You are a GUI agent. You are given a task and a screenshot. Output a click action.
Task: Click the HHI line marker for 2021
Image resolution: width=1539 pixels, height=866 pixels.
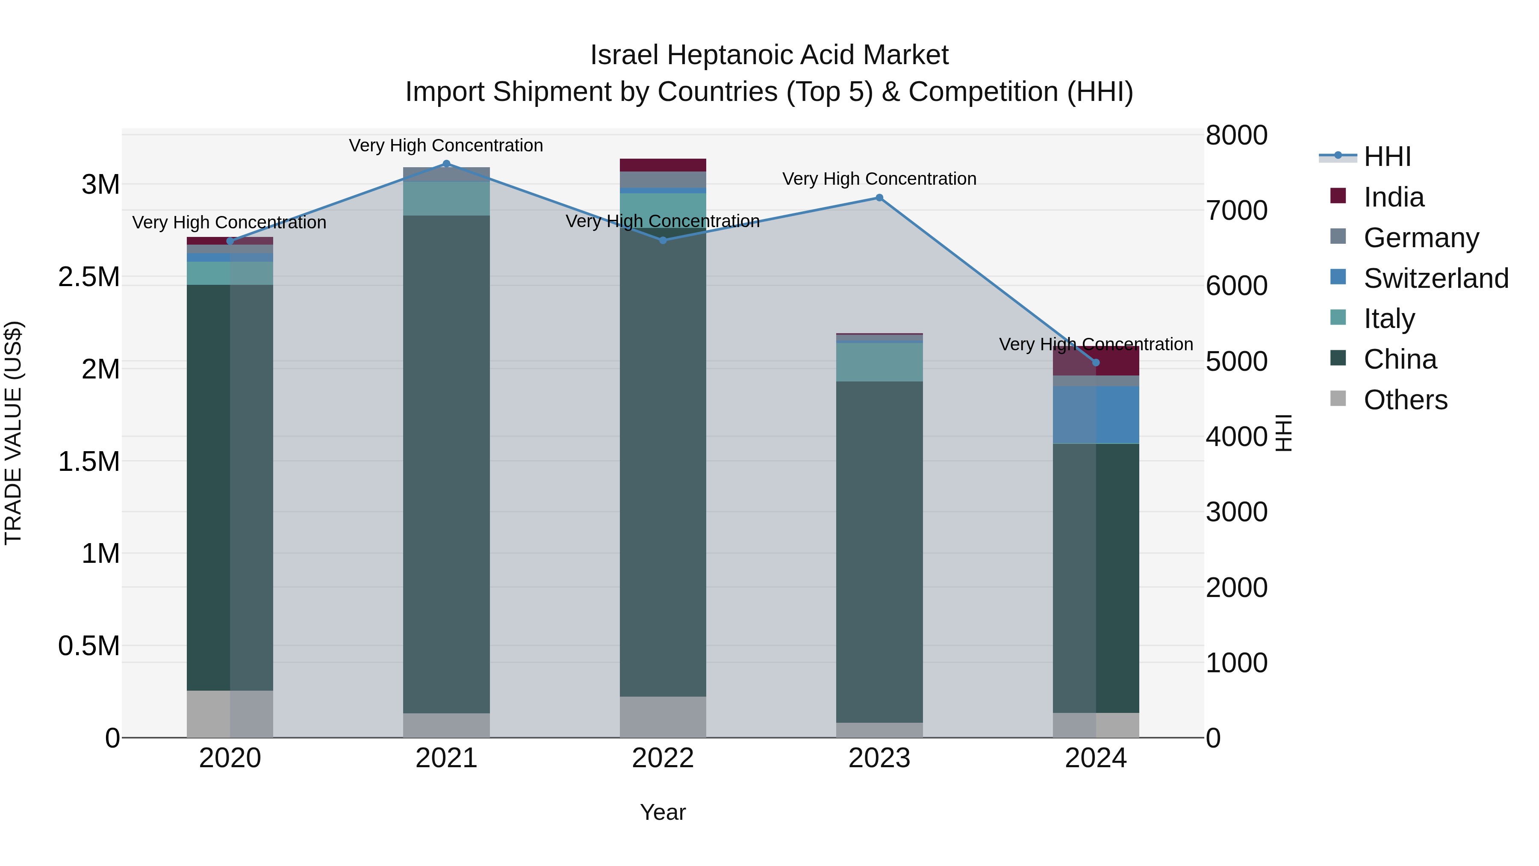(446, 164)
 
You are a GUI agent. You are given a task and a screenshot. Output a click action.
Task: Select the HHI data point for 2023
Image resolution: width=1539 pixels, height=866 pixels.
(879, 198)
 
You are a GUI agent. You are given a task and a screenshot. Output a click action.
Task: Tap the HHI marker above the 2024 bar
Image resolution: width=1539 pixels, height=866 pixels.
(1096, 363)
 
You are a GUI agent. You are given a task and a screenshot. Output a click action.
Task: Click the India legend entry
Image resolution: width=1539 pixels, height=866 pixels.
(1394, 197)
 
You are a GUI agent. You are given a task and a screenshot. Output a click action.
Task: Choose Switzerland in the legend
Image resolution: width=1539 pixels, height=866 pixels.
(1436, 278)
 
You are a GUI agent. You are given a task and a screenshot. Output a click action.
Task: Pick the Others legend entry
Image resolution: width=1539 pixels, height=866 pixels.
(1405, 400)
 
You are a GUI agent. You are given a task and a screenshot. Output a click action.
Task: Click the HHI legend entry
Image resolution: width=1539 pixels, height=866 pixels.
(1387, 157)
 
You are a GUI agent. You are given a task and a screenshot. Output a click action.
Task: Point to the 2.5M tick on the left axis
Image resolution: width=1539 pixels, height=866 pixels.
(89, 277)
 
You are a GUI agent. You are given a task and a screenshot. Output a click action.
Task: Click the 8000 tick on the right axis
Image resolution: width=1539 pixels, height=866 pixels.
(1236, 135)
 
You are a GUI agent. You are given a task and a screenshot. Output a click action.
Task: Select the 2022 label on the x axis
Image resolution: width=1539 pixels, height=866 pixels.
(663, 758)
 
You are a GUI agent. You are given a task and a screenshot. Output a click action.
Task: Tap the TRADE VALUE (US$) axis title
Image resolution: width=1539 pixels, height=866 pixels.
(13, 433)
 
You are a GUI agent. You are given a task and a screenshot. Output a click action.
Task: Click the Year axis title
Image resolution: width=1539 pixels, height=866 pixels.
(663, 812)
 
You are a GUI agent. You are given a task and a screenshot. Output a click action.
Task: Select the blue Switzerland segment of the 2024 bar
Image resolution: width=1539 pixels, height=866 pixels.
(1096, 415)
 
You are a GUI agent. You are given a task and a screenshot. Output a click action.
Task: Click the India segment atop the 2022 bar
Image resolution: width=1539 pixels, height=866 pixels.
(663, 165)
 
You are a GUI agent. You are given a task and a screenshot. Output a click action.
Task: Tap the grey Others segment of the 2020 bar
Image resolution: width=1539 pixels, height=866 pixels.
(230, 714)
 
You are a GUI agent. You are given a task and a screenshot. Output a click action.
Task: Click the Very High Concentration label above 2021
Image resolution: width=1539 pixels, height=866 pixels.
(446, 145)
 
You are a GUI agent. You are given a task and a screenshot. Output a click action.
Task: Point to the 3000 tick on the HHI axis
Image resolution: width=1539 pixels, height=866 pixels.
(1236, 512)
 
